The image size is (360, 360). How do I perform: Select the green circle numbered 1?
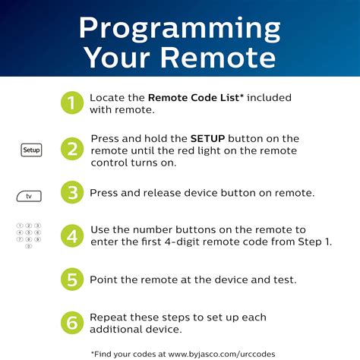point(71,104)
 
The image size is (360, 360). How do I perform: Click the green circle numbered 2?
point(71,150)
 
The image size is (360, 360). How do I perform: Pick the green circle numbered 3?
point(71,193)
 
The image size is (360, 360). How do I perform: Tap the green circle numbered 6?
point(71,322)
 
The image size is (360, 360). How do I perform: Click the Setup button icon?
point(31,150)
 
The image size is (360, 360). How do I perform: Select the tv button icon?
point(29,196)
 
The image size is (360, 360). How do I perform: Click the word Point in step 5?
point(104,279)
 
